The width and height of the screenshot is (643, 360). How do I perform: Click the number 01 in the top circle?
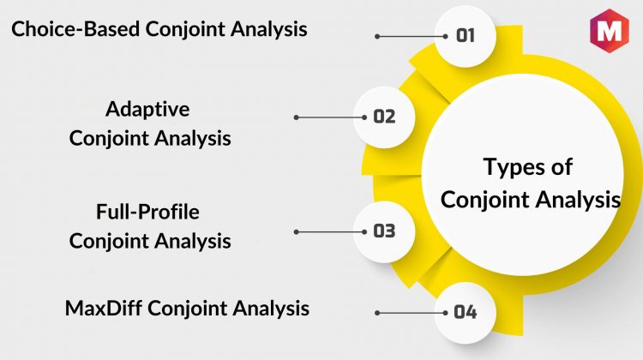tap(466, 36)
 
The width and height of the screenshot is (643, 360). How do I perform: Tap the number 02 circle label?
tap(384, 117)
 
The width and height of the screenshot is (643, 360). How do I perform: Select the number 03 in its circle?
tap(384, 231)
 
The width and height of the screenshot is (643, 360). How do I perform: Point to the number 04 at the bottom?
tap(466, 313)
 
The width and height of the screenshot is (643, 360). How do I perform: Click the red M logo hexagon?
tap(610, 31)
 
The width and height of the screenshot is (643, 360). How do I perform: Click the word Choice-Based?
tap(75, 29)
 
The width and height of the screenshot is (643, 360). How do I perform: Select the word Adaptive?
tap(147, 110)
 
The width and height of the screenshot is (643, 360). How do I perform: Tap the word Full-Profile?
tap(147, 212)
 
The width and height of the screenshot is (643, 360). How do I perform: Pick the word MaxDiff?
tap(104, 308)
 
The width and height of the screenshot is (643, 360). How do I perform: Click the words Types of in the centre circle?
tap(528, 167)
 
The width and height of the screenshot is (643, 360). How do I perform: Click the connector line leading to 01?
tap(412, 37)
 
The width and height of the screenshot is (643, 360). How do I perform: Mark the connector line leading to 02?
tap(330, 117)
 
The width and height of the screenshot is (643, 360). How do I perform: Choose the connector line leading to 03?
tap(330, 232)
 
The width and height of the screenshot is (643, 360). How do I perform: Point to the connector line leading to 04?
tap(412, 313)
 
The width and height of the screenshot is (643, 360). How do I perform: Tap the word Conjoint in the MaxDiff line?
tap(187, 309)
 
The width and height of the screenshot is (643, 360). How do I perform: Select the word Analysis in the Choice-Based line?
tap(268, 29)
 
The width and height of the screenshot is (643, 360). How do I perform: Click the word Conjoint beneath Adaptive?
tap(109, 139)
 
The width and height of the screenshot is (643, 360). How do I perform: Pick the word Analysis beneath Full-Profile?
tap(193, 241)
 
